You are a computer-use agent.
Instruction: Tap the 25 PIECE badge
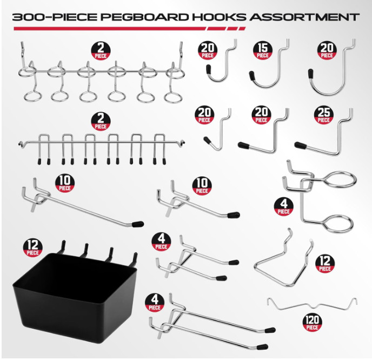324,115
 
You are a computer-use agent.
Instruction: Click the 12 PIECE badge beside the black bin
31,247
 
